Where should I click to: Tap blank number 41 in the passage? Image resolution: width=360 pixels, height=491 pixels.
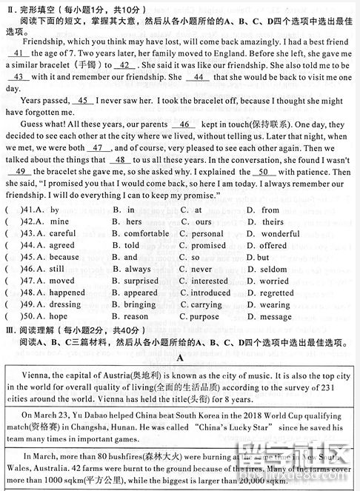point(19,54)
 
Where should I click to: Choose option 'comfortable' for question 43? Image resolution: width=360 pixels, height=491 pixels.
point(146,233)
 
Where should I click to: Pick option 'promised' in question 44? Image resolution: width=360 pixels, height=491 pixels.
point(208,245)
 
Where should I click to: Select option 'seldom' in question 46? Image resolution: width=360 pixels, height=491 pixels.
point(273,269)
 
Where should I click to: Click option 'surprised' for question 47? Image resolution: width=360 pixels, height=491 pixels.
point(141,281)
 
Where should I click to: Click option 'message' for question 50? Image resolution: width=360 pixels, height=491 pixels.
point(276,316)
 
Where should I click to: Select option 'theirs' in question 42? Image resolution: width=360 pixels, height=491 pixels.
point(272,221)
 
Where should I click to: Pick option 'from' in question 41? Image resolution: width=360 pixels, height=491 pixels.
point(270,210)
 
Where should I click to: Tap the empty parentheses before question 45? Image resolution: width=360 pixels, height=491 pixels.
point(11,257)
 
